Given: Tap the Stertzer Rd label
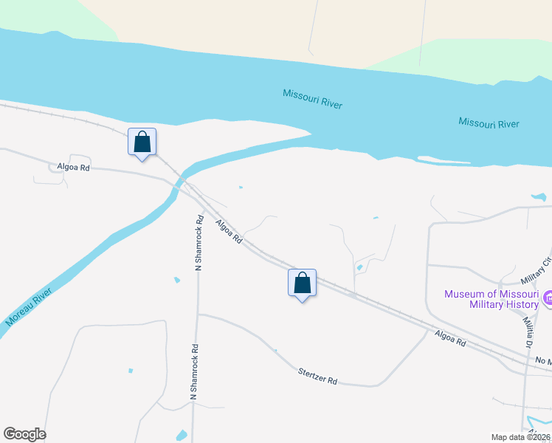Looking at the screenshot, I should [318, 376].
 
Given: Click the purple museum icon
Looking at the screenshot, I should [548, 298].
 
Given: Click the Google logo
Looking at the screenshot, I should [24, 434].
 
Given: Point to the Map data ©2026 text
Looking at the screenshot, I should [521, 437].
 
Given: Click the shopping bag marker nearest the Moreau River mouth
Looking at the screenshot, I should [142, 142].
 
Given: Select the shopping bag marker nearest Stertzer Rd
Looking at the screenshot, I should [302, 283].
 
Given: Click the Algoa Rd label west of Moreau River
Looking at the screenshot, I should [73, 167].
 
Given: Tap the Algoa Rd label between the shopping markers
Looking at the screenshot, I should [229, 230].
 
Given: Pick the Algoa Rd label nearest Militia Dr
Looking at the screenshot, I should [450, 340].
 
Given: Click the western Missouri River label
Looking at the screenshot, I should [312, 99].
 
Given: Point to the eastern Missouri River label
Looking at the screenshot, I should [489, 123].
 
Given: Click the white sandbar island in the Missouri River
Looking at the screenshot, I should [443, 159].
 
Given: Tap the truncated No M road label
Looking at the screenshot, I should [543, 360].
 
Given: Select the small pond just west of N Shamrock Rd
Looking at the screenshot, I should [176, 280].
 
